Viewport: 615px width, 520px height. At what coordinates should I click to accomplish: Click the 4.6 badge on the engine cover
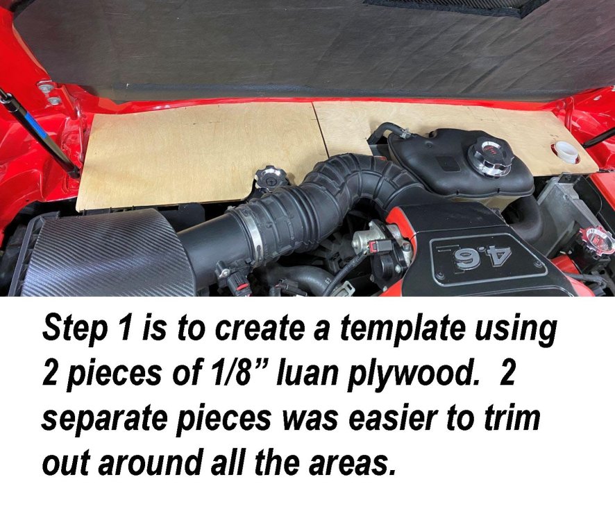point(489,257)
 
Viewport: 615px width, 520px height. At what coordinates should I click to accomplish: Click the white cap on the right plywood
point(566,152)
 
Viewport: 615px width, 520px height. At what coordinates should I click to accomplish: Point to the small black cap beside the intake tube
point(271,177)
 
